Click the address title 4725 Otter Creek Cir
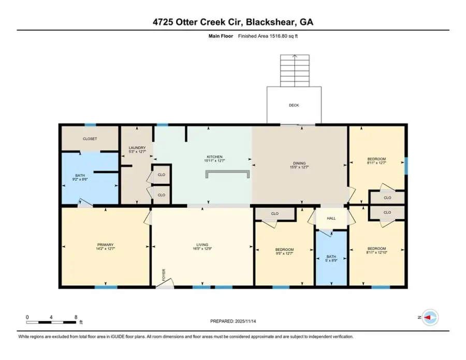point(233,22)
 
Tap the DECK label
point(294,105)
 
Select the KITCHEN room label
point(214,156)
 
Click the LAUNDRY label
point(137,148)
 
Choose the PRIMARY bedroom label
point(105,244)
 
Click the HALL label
point(331,218)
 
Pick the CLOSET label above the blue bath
point(90,139)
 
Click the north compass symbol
point(429,317)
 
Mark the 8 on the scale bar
point(76,316)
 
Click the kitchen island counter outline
point(228,172)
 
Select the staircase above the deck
point(294,70)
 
